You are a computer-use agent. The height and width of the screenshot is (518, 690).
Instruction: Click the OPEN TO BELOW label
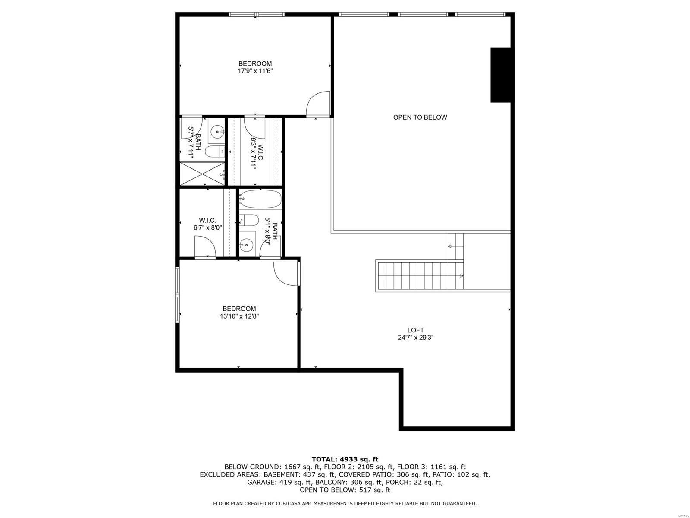420,117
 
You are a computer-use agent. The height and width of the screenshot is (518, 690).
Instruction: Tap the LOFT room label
415,330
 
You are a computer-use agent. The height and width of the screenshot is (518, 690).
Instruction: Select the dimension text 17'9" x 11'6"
255,71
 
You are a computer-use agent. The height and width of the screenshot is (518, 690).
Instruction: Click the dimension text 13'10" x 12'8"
239,316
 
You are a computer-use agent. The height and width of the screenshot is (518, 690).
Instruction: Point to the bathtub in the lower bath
260,199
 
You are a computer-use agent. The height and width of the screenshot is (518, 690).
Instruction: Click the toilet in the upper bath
214,151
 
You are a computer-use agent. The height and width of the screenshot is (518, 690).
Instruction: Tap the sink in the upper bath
217,130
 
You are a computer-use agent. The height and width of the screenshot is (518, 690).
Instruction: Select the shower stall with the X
202,174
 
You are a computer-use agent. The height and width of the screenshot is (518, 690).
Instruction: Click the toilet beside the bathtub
248,220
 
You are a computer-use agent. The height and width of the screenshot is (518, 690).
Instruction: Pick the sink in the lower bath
247,245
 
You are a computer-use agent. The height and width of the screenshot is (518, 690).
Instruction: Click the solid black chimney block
500,75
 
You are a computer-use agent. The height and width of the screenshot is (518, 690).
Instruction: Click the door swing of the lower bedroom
285,273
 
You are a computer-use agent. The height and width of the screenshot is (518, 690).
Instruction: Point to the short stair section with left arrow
455,246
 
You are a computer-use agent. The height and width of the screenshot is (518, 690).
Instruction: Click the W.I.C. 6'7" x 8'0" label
207,224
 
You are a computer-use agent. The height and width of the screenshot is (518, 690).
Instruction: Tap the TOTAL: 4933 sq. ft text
345,459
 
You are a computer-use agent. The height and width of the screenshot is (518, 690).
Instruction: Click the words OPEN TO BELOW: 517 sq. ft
345,490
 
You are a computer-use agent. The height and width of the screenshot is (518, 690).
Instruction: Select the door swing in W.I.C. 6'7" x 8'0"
205,247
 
